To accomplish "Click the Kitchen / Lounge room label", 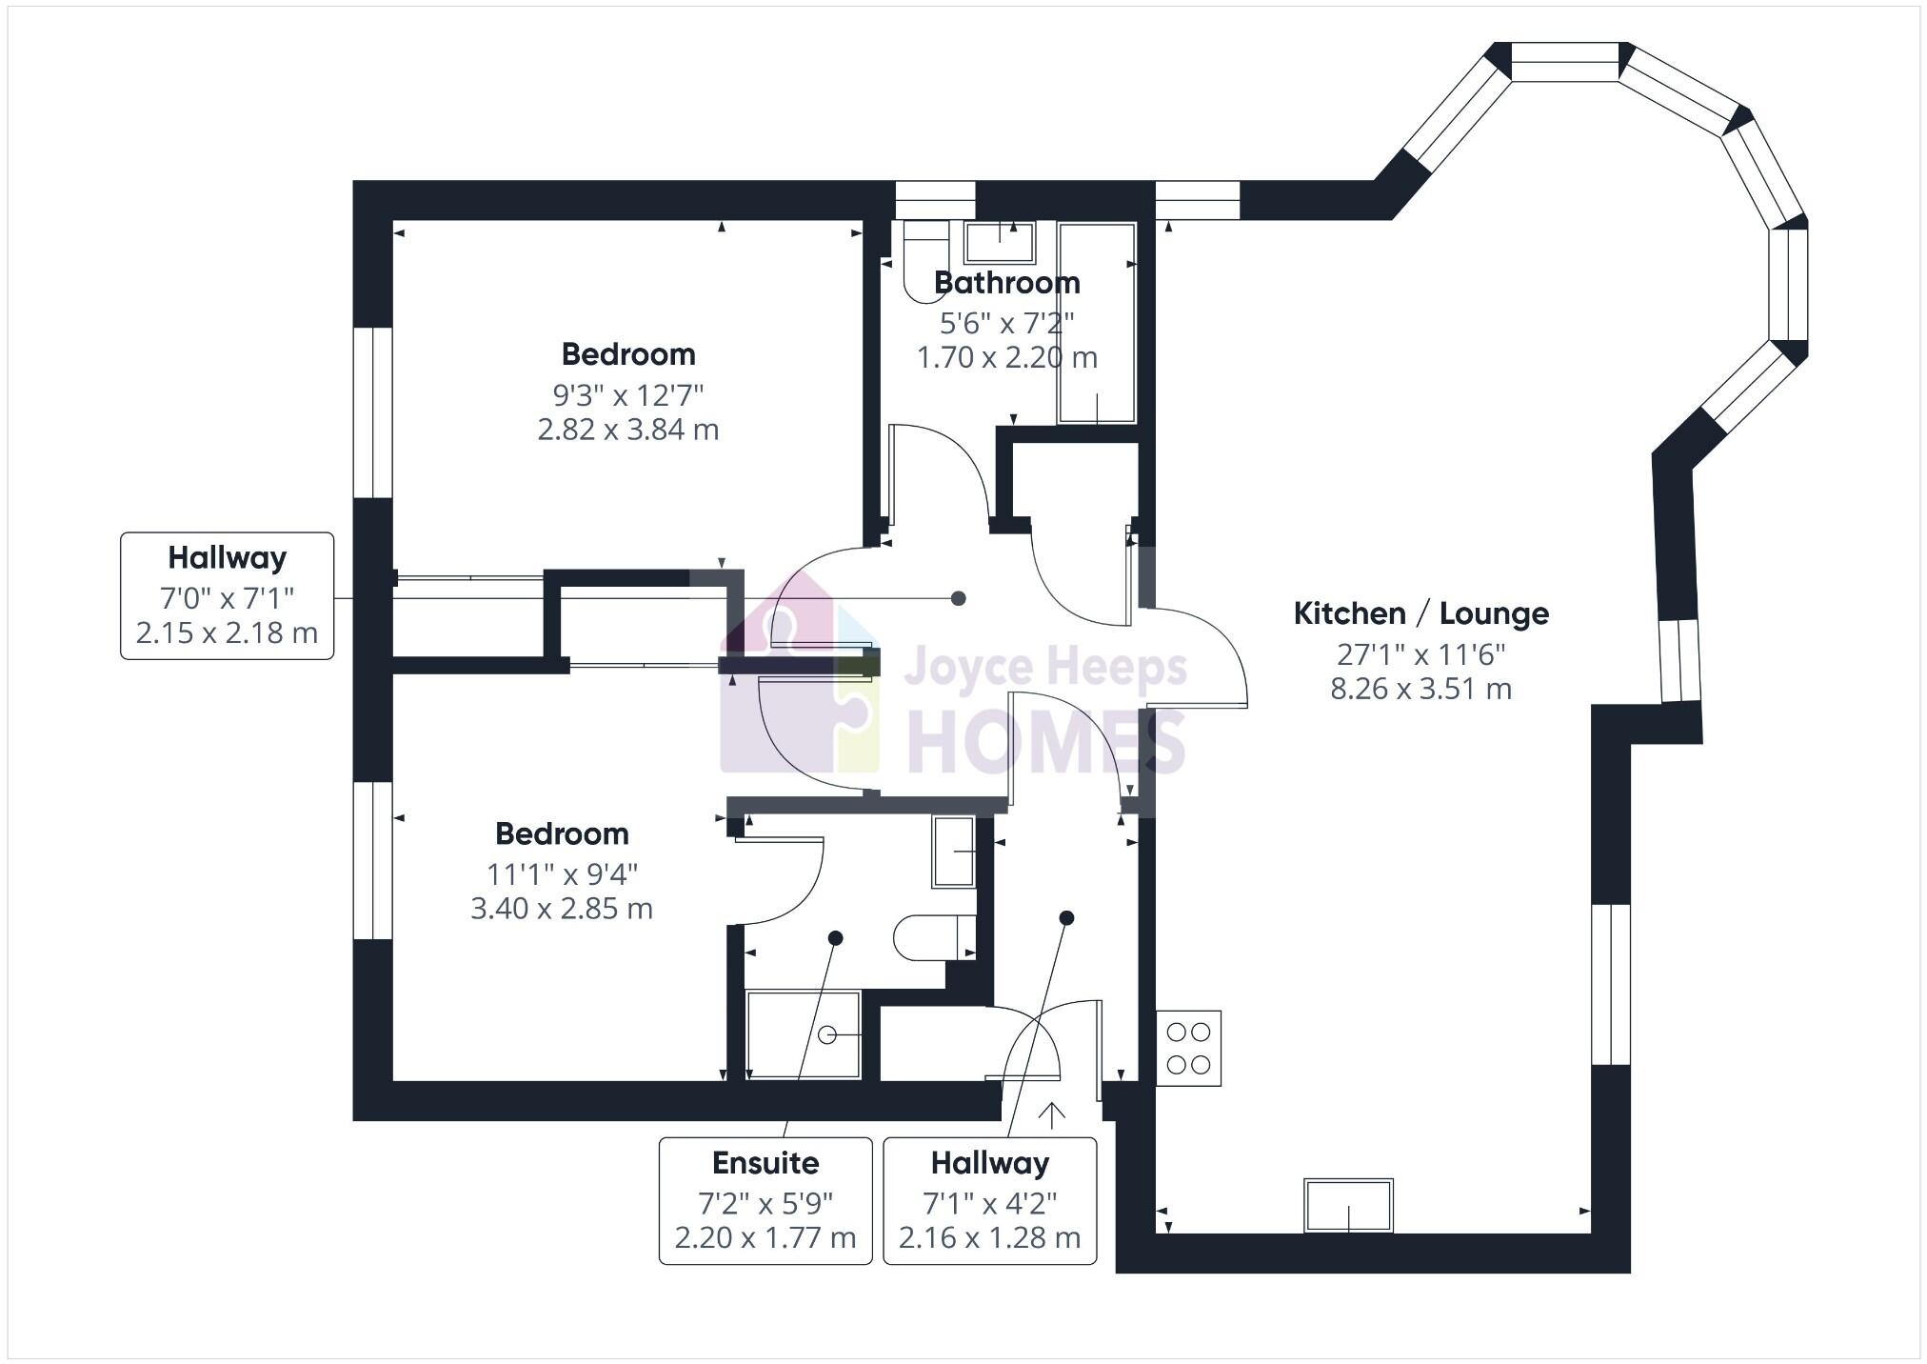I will pyautogui.click(x=1420, y=614).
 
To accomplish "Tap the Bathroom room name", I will pyautogui.click(x=1006, y=283).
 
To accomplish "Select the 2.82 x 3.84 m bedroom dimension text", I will pyautogui.click(x=627, y=430).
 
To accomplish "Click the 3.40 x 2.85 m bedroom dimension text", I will pyautogui.click(x=562, y=909).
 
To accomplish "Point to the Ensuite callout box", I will pyautogui.click(x=765, y=1200).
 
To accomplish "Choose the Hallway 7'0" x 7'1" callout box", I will pyautogui.click(x=227, y=595).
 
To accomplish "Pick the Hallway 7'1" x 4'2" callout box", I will pyautogui.click(x=989, y=1200).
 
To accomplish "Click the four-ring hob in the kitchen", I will pyautogui.click(x=1188, y=1048).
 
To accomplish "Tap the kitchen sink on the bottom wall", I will pyautogui.click(x=1348, y=1206).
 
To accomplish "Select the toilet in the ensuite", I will pyautogui.click(x=934, y=938).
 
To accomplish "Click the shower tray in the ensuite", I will pyautogui.click(x=804, y=1034).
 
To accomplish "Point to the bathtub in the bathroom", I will pyautogui.click(x=1097, y=323).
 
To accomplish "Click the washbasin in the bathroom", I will pyautogui.click(x=999, y=242).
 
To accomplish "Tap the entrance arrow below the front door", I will pyautogui.click(x=1052, y=1115).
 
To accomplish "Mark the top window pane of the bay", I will pyautogui.click(x=1565, y=62).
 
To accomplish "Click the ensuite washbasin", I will pyautogui.click(x=953, y=852).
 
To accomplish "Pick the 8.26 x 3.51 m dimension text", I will pyautogui.click(x=1420, y=689).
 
